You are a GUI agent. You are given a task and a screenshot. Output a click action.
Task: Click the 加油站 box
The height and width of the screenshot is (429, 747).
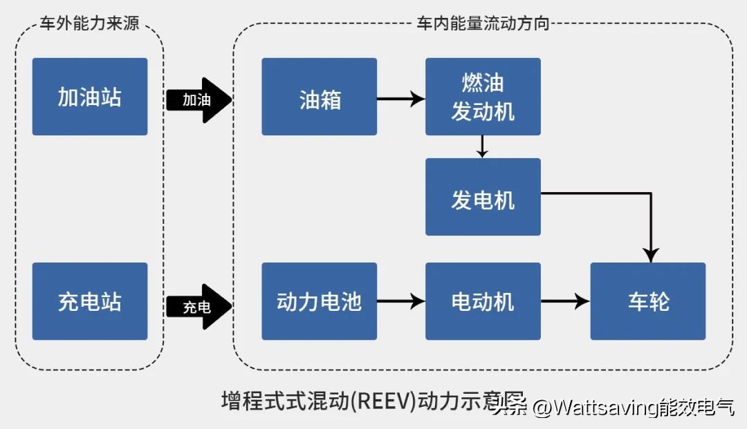point(89,97)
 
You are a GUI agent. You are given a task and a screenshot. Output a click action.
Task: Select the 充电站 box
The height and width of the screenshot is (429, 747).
point(89,301)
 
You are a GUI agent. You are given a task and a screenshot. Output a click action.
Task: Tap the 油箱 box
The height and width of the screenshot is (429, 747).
point(319,97)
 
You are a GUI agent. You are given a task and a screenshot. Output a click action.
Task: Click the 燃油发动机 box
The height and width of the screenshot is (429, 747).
point(482,97)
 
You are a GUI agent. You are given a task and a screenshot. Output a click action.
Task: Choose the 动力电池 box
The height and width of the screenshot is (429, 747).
point(319,301)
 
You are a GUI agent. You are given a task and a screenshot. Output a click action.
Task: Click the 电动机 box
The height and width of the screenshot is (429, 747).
point(482,301)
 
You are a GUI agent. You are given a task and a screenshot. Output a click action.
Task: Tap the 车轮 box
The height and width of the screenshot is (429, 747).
point(647,301)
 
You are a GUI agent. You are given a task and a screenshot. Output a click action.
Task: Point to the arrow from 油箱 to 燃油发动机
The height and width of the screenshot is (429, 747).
point(400,99)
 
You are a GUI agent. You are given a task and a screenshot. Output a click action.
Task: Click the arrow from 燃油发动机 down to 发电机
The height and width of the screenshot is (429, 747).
point(482,146)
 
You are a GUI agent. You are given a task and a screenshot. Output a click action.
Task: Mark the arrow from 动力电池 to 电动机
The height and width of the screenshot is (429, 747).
point(400,301)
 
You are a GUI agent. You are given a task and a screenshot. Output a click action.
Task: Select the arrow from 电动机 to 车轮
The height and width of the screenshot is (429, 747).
point(564,301)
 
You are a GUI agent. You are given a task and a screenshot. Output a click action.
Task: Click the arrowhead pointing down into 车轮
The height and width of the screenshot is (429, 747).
point(650,254)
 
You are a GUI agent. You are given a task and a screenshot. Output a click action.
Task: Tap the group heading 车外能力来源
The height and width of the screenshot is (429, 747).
point(89,23)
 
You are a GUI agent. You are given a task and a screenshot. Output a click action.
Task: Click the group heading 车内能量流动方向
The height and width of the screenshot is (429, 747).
point(482,23)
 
